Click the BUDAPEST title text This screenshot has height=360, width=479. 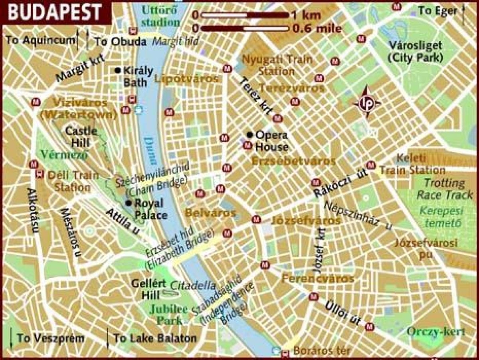coord(54,12)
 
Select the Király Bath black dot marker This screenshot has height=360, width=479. coord(117,70)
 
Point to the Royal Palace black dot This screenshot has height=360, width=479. coord(129,203)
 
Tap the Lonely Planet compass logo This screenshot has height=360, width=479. coord(366,102)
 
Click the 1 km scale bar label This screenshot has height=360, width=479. coord(306,16)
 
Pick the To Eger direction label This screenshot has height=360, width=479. coord(437,11)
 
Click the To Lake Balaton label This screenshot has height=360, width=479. coord(155,338)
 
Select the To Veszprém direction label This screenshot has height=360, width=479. coord(51,338)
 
